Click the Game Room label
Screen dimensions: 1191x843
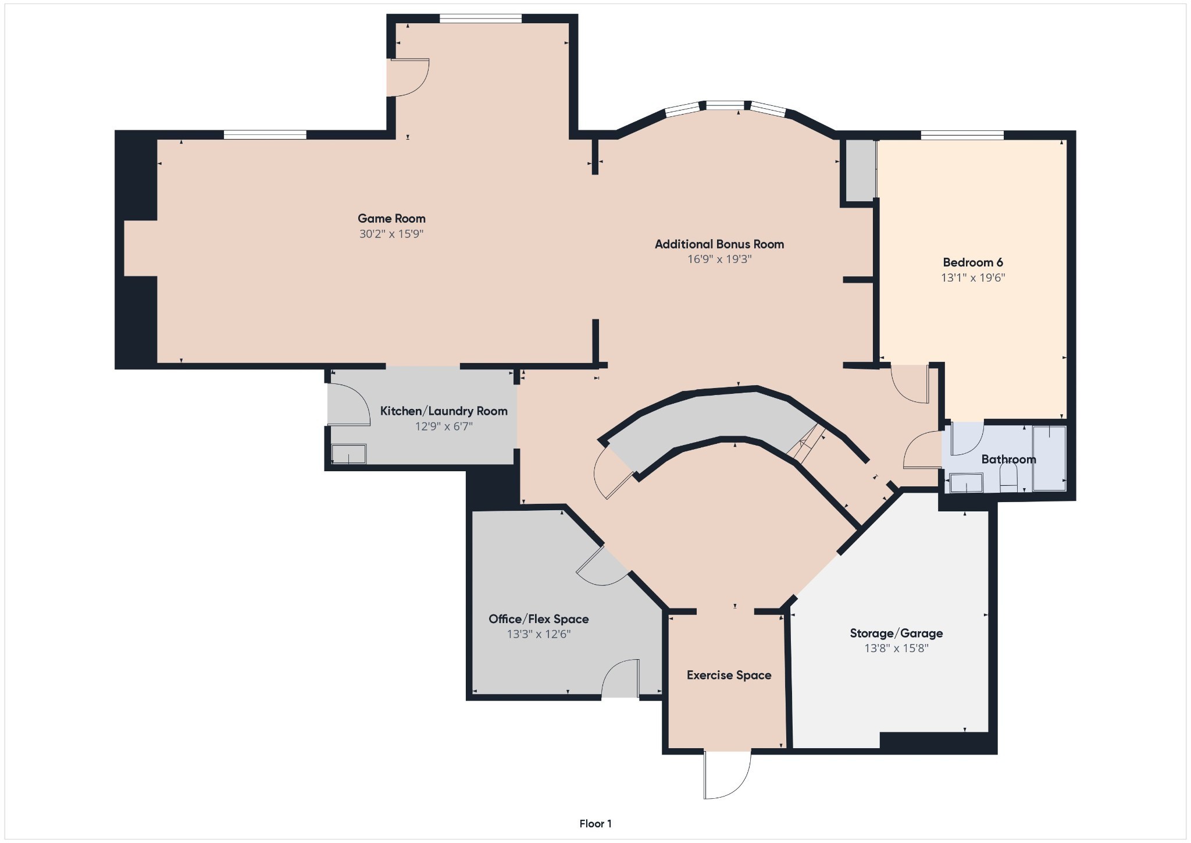(391, 219)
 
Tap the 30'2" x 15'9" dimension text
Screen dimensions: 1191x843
(391, 234)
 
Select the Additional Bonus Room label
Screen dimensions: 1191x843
(719, 244)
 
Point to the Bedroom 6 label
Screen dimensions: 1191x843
(973, 262)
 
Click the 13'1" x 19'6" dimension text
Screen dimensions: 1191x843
(973, 278)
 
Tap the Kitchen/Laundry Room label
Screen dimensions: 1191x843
(444, 411)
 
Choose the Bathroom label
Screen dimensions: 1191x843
(1008, 460)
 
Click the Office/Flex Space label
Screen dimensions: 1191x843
(539, 619)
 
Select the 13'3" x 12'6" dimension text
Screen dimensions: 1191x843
(539, 634)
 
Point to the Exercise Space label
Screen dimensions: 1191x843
(729, 675)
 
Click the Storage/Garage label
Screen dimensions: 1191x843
(896, 634)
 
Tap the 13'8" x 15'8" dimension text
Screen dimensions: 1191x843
(896, 648)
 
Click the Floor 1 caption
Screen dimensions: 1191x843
(595, 824)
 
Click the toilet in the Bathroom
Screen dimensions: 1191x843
(1008, 480)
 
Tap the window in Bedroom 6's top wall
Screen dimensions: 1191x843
(962, 136)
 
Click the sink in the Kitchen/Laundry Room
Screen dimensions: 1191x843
(349, 454)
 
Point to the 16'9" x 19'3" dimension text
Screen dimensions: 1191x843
(719, 259)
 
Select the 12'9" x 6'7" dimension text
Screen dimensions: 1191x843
(444, 426)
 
